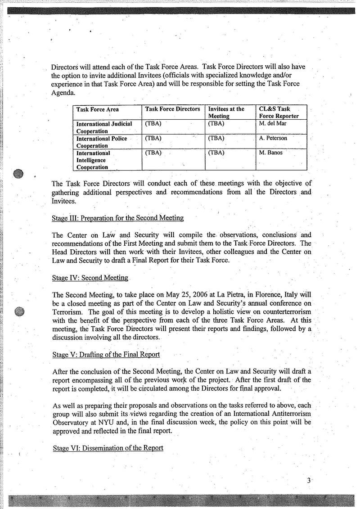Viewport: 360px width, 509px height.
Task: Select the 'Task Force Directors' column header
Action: click(x=172, y=109)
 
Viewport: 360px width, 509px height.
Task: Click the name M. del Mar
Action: click(x=273, y=123)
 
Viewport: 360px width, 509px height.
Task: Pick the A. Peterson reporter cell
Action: click(x=273, y=138)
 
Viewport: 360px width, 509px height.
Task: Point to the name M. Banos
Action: click(x=270, y=153)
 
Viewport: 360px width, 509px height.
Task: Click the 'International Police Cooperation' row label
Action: click(x=101, y=142)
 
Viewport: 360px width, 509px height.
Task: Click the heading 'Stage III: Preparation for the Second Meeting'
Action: click(x=118, y=218)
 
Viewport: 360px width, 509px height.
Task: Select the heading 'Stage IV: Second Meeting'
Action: click(x=90, y=278)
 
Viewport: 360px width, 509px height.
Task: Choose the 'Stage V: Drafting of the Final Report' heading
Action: click(x=106, y=354)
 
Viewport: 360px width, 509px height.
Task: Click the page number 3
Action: click(x=309, y=481)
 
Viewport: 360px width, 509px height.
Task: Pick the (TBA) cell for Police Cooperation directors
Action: click(x=153, y=138)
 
